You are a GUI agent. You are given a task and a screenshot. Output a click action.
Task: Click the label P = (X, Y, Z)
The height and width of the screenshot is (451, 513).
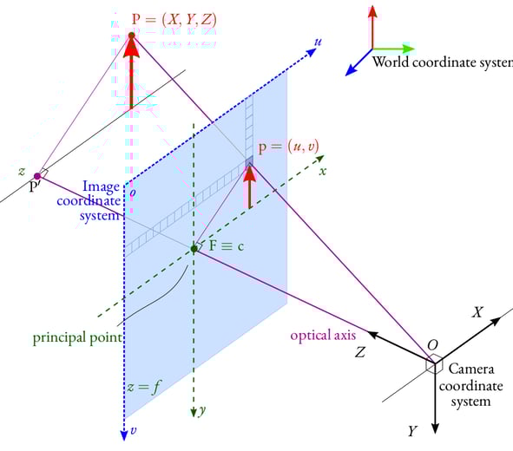pyautogui.click(x=174, y=20)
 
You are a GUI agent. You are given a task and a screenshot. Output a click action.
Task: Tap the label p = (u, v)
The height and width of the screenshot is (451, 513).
pyautogui.click(x=288, y=147)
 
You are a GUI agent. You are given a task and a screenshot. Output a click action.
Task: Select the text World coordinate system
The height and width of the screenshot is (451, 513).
pyautogui.click(x=443, y=62)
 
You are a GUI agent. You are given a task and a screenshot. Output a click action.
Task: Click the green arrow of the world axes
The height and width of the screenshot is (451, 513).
pyautogui.click(x=393, y=49)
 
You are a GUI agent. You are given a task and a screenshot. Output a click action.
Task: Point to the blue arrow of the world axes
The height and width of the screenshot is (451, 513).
pyautogui.click(x=358, y=62)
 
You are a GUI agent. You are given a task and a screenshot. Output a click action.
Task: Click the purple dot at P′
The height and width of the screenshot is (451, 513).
pyautogui.click(x=37, y=176)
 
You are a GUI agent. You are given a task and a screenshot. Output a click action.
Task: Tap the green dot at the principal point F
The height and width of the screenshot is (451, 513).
pyautogui.click(x=194, y=249)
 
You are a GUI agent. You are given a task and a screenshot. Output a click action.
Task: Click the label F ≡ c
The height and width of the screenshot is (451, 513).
pyautogui.click(x=227, y=245)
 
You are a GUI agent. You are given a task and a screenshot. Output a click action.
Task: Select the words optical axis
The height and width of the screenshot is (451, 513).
pyautogui.click(x=323, y=336)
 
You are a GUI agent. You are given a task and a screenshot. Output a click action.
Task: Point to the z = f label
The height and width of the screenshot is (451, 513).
pyautogui.click(x=144, y=388)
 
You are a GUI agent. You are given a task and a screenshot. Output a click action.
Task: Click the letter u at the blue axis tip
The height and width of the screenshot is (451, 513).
pyautogui.click(x=318, y=42)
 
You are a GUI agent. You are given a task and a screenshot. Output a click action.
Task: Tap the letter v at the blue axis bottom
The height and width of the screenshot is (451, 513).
pyautogui.click(x=133, y=430)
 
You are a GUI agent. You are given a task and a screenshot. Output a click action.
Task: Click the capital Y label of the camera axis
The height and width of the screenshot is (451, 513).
pyautogui.click(x=413, y=431)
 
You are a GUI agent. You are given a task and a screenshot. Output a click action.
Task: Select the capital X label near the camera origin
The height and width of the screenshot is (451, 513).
pyautogui.click(x=477, y=312)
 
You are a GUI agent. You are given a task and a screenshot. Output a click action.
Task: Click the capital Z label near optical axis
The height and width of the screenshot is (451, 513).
pyautogui.click(x=360, y=352)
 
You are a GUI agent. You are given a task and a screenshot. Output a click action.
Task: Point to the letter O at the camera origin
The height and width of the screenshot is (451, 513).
pyautogui.click(x=432, y=345)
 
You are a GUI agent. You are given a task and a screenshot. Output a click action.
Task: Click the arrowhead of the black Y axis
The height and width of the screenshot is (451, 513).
pyautogui.click(x=435, y=428)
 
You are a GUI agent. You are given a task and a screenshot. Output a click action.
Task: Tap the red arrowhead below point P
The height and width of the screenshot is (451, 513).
pyautogui.click(x=132, y=49)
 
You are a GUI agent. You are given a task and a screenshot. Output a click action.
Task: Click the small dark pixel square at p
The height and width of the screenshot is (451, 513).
pyautogui.click(x=249, y=161)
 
